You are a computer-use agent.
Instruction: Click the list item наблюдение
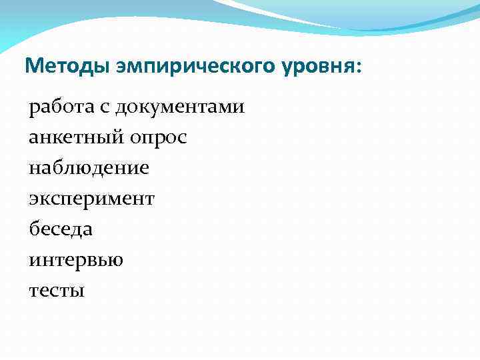89,168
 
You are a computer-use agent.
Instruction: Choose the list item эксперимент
91,199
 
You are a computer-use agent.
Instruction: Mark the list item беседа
61,229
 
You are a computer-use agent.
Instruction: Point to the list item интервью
75,260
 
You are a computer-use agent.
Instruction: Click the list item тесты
57,291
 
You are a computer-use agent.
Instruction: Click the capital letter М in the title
32,66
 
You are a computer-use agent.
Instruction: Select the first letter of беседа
34,229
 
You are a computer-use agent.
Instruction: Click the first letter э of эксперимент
33,199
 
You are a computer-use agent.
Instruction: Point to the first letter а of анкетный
33,139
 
